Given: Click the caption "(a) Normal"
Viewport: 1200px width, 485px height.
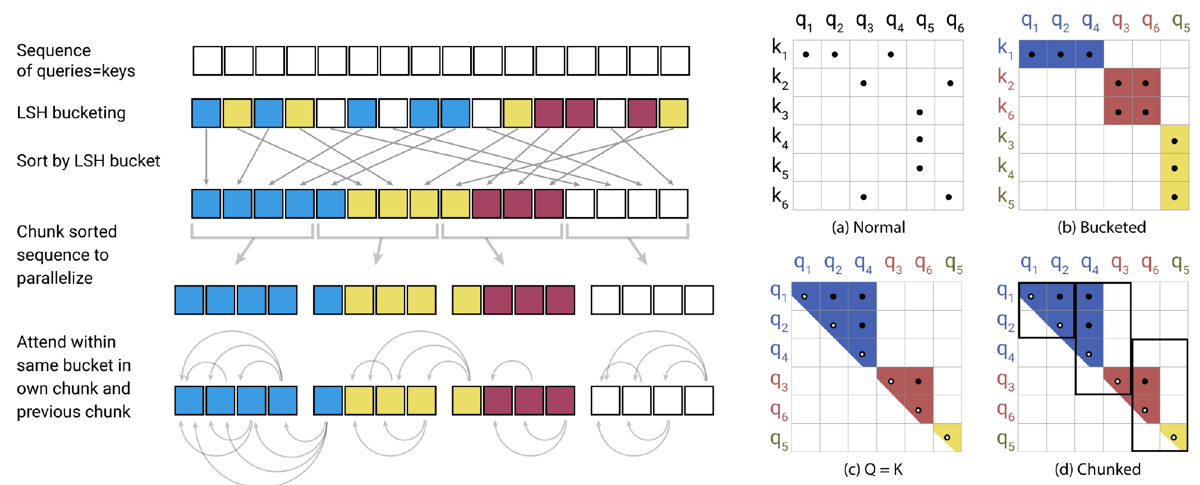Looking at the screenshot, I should coord(868,227).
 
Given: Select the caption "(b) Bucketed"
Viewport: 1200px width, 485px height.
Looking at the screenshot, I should coord(1101,227).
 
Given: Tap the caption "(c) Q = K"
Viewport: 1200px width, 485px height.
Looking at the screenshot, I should coord(873,469).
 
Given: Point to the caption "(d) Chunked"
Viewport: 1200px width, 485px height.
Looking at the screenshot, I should coord(1097,469).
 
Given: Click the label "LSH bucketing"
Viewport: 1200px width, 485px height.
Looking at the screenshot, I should coord(71,113).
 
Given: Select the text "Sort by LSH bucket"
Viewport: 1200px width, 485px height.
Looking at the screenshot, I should coord(88,161).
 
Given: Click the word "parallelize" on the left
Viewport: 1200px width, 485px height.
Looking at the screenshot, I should coord(54,278).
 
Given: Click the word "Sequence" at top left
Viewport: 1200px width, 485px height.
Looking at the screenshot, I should coord(54,50).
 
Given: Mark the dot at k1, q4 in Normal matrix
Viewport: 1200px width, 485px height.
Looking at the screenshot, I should coord(891,54).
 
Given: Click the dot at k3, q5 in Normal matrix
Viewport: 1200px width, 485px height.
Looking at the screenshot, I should coord(919,112).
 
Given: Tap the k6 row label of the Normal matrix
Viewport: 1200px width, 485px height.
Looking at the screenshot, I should coord(780,197).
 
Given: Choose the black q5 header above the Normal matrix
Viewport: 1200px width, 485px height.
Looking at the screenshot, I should coord(925,22).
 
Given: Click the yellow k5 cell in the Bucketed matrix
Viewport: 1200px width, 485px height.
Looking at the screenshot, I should coord(1174,197).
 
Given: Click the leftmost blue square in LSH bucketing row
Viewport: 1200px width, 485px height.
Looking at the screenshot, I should coord(206,113).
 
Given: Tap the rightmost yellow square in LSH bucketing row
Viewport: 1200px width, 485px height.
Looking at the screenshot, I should coord(673,113).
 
